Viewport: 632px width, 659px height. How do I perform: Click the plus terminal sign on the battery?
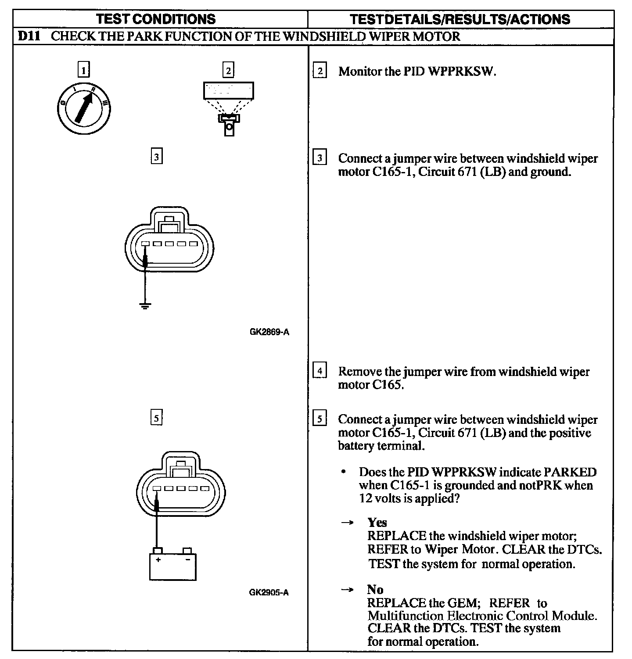pyautogui.click(x=158, y=560)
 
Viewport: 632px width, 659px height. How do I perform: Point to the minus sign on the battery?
pyautogui.click(x=188, y=560)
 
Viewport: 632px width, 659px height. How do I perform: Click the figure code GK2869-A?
pyautogui.click(x=269, y=332)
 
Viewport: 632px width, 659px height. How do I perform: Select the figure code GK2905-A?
pyautogui.click(x=269, y=592)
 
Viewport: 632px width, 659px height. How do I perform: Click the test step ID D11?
pyautogui.click(x=29, y=36)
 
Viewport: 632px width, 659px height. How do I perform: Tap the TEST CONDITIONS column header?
pyautogui.click(x=156, y=19)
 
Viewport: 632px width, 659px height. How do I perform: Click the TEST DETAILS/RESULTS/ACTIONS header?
pyautogui.click(x=460, y=19)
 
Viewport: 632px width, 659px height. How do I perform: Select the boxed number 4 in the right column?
pyautogui.click(x=320, y=371)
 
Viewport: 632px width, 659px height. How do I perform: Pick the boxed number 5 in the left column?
pyautogui.click(x=156, y=418)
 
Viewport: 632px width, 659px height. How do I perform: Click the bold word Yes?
pyautogui.click(x=377, y=522)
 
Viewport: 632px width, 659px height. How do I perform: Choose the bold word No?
pyautogui.click(x=375, y=589)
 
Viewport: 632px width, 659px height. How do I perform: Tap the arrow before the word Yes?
pyautogui.click(x=348, y=523)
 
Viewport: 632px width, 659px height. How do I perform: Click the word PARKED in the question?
pyautogui.click(x=570, y=472)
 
